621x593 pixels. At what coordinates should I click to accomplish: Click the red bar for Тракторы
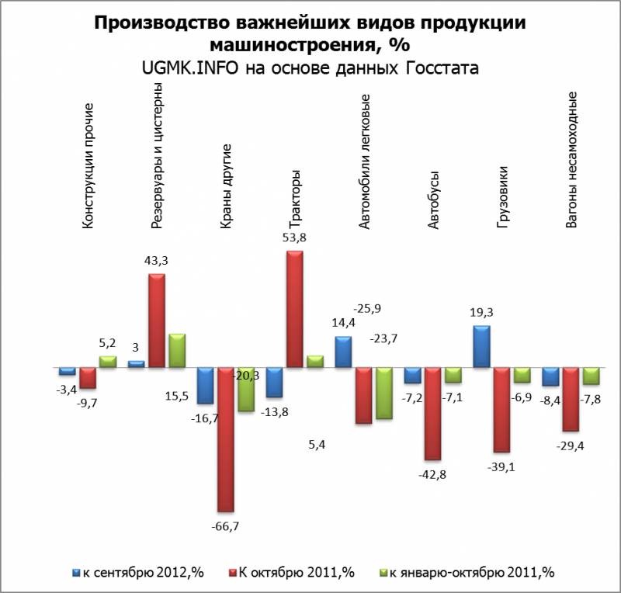pos(295,309)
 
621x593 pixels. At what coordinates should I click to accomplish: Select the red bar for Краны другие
pos(226,439)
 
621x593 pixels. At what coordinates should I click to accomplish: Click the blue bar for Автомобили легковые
pos(343,352)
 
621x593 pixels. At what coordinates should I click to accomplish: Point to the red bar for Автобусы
pos(433,413)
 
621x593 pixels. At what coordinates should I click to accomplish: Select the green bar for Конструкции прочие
pos(108,361)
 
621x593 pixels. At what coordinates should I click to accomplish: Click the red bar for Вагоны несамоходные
pos(571,398)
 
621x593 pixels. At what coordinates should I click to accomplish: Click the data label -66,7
pos(226,526)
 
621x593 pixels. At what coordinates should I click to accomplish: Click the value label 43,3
pos(157,262)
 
